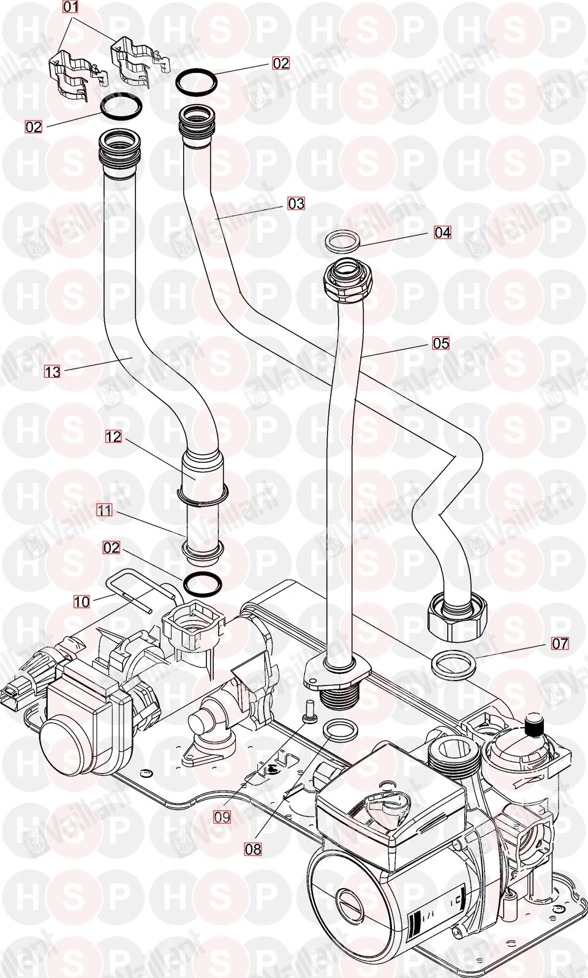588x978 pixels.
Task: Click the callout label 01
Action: pyautogui.click(x=72, y=7)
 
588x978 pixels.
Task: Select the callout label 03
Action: pyautogui.click(x=296, y=203)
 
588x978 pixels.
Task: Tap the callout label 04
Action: pyautogui.click(x=442, y=233)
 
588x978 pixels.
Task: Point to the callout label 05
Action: pyautogui.click(x=441, y=343)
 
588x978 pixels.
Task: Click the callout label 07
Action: pyautogui.click(x=560, y=643)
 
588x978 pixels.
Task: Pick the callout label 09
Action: pyautogui.click(x=222, y=816)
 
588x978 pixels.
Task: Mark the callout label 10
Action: pyautogui.click(x=81, y=602)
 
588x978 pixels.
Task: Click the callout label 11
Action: pyautogui.click(x=105, y=510)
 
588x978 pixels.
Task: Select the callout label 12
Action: pyautogui.click(x=113, y=436)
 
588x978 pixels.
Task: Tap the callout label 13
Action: pyautogui.click(x=53, y=371)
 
